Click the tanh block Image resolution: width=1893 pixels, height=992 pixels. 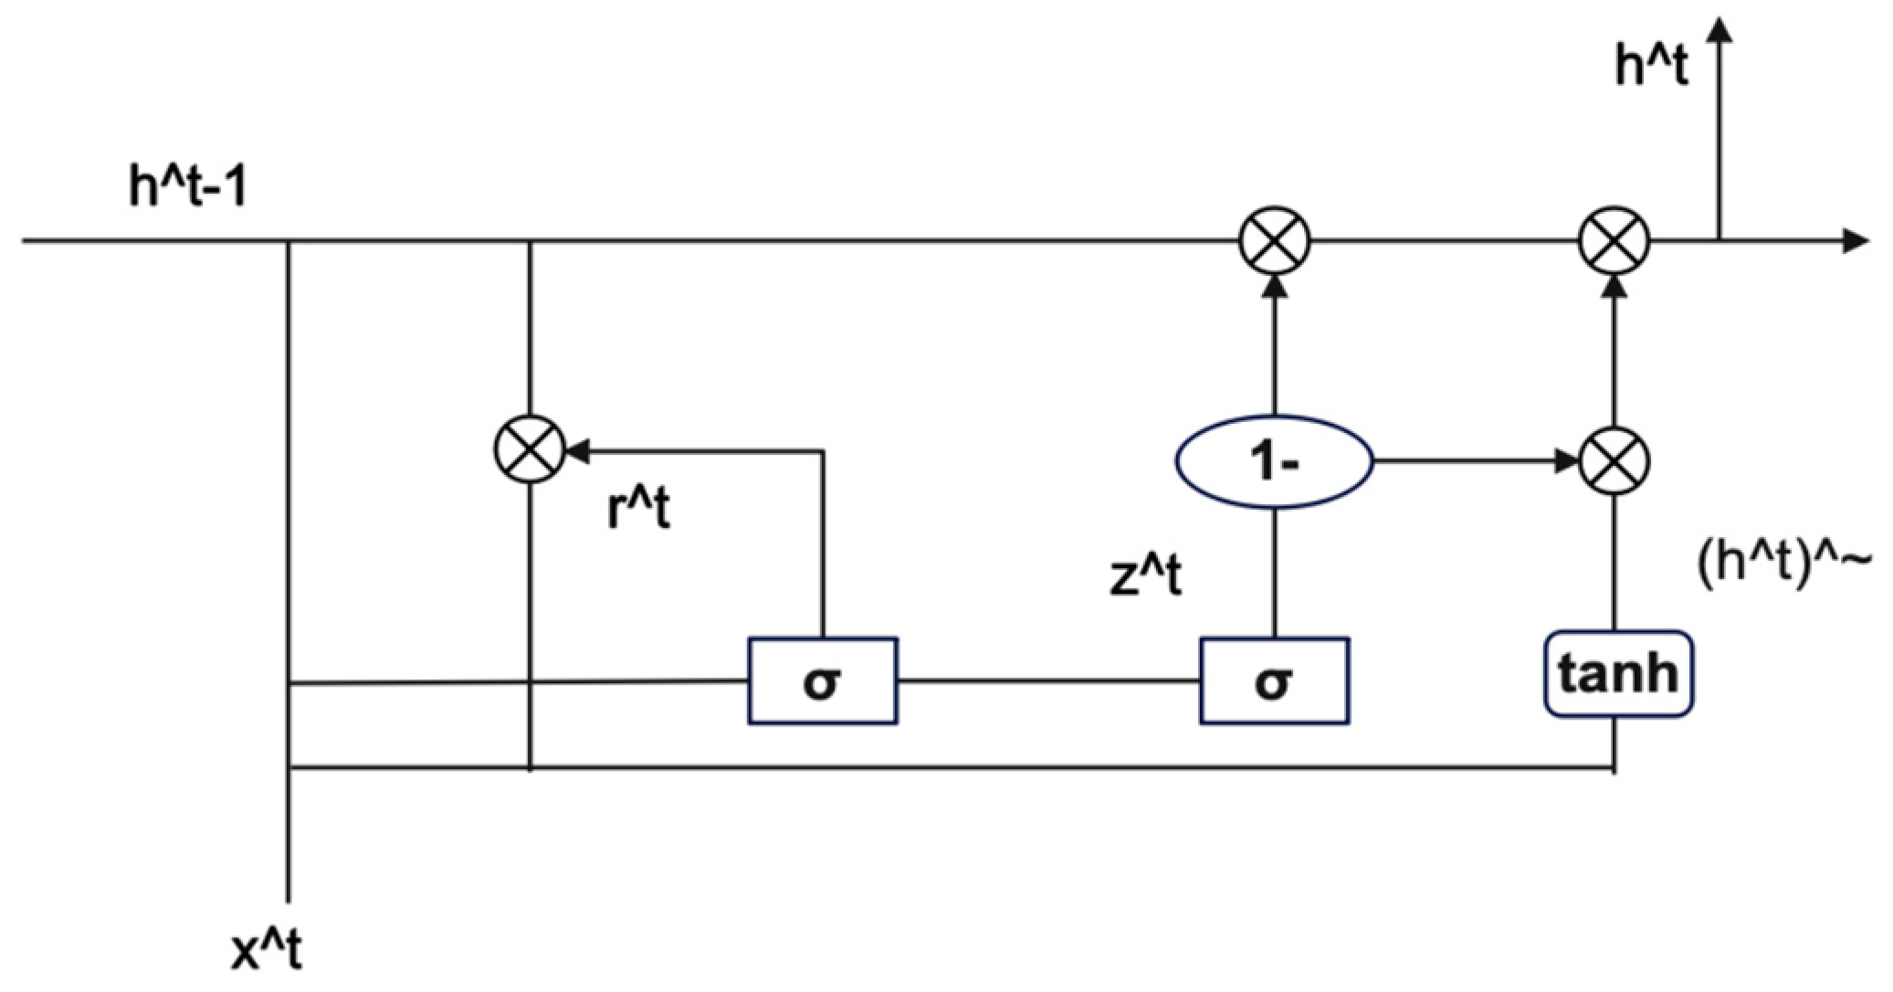point(1616,673)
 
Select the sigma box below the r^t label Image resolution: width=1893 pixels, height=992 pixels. point(822,681)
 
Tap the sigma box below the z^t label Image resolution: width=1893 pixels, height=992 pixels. point(1274,681)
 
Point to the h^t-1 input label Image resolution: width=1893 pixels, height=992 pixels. point(187,189)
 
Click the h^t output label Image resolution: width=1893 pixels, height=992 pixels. point(1651,67)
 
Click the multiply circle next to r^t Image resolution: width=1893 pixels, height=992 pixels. point(530,449)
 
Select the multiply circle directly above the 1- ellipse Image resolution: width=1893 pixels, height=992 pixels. point(1274,241)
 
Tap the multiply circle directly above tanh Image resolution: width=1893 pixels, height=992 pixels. point(1614,462)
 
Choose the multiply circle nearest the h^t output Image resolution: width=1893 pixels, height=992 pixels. point(1614,241)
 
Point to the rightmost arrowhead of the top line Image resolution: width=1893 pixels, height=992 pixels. point(1857,241)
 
